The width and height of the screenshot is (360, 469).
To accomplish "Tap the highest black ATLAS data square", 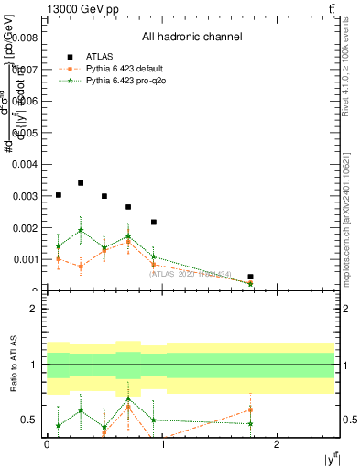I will click(81, 183).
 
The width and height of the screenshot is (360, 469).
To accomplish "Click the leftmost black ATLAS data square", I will click(59, 195).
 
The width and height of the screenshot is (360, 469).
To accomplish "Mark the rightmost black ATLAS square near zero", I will click(250, 277).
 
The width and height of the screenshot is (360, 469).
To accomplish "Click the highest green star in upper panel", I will click(81, 230).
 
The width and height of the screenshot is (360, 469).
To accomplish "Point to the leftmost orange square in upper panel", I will click(59, 259).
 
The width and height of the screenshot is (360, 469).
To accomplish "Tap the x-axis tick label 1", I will click(162, 443).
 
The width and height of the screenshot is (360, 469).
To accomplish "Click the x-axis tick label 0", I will click(47, 443).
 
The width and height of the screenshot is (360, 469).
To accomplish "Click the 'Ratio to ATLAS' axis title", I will click(14, 365).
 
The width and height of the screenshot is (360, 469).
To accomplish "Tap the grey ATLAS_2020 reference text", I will click(191, 273).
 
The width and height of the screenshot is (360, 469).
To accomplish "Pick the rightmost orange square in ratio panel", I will click(250, 409).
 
